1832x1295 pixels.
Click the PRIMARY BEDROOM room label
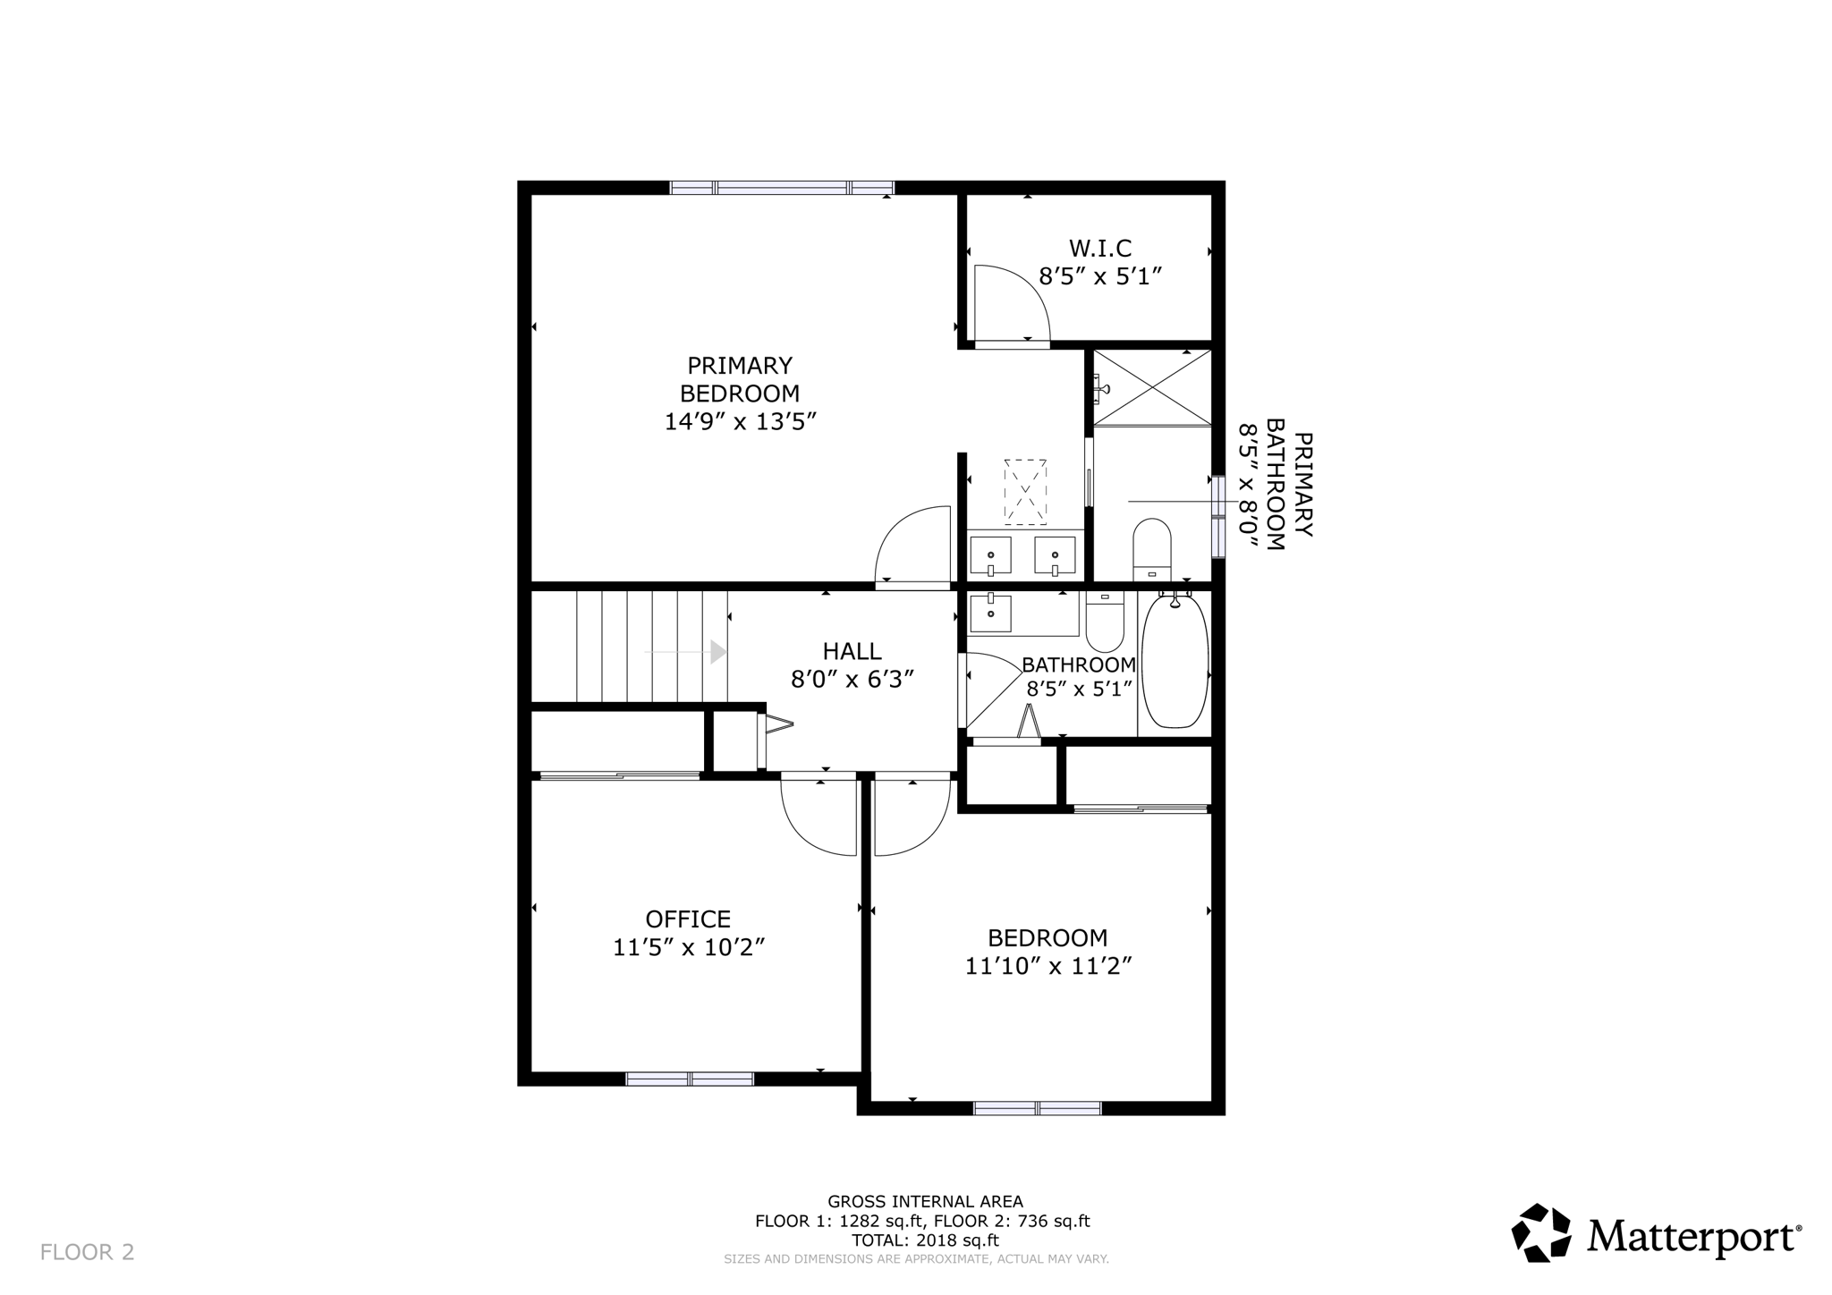(x=740, y=379)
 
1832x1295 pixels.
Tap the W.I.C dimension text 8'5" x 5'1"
(x=1099, y=275)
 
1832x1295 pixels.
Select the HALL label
(x=852, y=651)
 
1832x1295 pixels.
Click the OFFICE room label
(x=688, y=918)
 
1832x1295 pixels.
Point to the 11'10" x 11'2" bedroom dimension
(x=1048, y=966)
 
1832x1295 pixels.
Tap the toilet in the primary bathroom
(x=1151, y=548)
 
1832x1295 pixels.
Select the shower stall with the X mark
(x=1152, y=388)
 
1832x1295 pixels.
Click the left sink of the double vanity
(x=990, y=555)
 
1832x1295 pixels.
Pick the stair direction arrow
(x=717, y=652)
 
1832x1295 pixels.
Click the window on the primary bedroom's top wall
(x=782, y=188)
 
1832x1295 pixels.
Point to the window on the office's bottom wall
(x=690, y=1079)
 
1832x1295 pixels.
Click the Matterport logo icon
(x=1540, y=1233)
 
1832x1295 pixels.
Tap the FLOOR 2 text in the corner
(x=87, y=1252)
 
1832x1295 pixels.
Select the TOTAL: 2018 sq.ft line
(x=924, y=1240)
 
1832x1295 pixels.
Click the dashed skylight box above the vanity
(x=1025, y=492)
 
